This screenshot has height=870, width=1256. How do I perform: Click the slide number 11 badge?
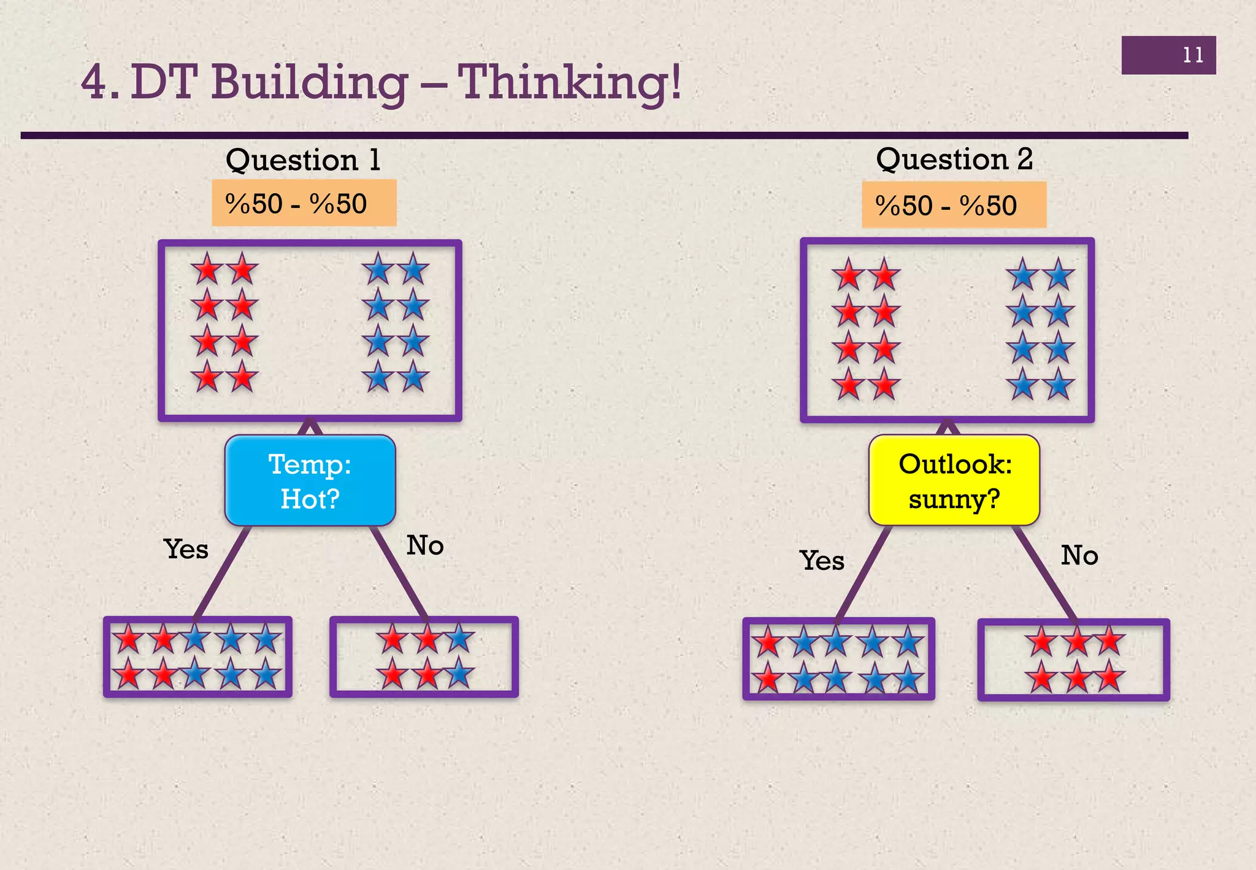(x=1168, y=55)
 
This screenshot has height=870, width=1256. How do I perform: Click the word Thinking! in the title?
(x=570, y=83)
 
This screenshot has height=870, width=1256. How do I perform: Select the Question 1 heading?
(x=304, y=161)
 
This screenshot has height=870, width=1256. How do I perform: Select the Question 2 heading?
(x=954, y=160)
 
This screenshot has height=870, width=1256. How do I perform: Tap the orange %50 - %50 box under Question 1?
(x=304, y=203)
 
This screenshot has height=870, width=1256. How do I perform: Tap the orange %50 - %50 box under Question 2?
(x=954, y=206)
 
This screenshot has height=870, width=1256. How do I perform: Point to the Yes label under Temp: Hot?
(x=186, y=549)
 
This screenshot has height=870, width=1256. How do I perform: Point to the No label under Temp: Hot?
(x=425, y=545)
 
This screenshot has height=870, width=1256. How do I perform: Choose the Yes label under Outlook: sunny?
(x=822, y=561)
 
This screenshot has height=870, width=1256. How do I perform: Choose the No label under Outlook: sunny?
(x=1079, y=556)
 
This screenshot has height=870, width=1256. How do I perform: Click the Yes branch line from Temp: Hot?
(x=222, y=572)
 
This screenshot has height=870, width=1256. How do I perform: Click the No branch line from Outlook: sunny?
(x=1045, y=573)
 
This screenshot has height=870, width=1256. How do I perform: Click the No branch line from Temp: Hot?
(x=399, y=572)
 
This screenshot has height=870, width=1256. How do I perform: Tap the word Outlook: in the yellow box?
(x=955, y=464)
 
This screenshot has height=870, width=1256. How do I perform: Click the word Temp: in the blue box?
(x=310, y=464)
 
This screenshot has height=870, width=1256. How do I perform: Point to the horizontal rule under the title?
(x=604, y=136)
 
